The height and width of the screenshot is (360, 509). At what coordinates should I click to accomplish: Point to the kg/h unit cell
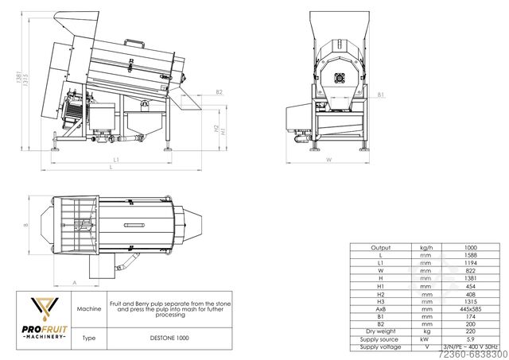click(425, 248)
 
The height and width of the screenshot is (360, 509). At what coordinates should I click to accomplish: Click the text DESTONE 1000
click(168, 338)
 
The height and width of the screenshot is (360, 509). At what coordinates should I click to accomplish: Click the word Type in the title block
click(87, 338)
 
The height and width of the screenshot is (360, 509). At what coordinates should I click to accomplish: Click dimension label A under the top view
click(74, 282)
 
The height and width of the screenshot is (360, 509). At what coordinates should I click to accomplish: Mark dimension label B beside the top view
click(25, 225)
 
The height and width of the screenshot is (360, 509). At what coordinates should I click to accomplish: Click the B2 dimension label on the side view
click(219, 93)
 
